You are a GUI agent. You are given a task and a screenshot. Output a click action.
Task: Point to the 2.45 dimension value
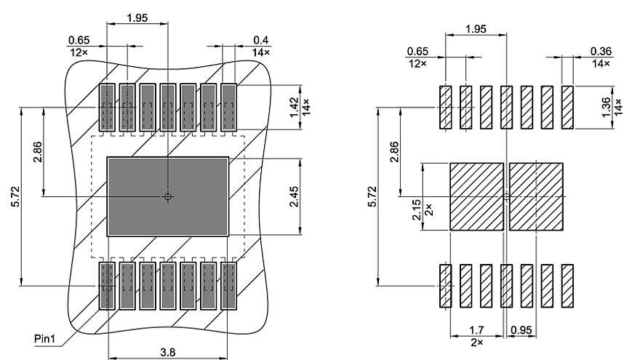pyautogui.click(x=294, y=196)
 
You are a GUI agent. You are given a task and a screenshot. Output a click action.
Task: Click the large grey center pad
pyautogui.click(x=168, y=196)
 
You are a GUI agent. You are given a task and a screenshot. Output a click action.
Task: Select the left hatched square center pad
pyautogui.click(x=476, y=196)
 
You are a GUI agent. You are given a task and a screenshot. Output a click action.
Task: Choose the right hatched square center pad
pyautogui.click(x=537, y=196)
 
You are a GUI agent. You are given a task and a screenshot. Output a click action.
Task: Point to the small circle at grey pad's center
pyautogui.click(x=168, y=196)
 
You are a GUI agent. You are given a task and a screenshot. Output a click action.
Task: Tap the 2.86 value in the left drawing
pyautogui.click(x=38, y=151)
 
